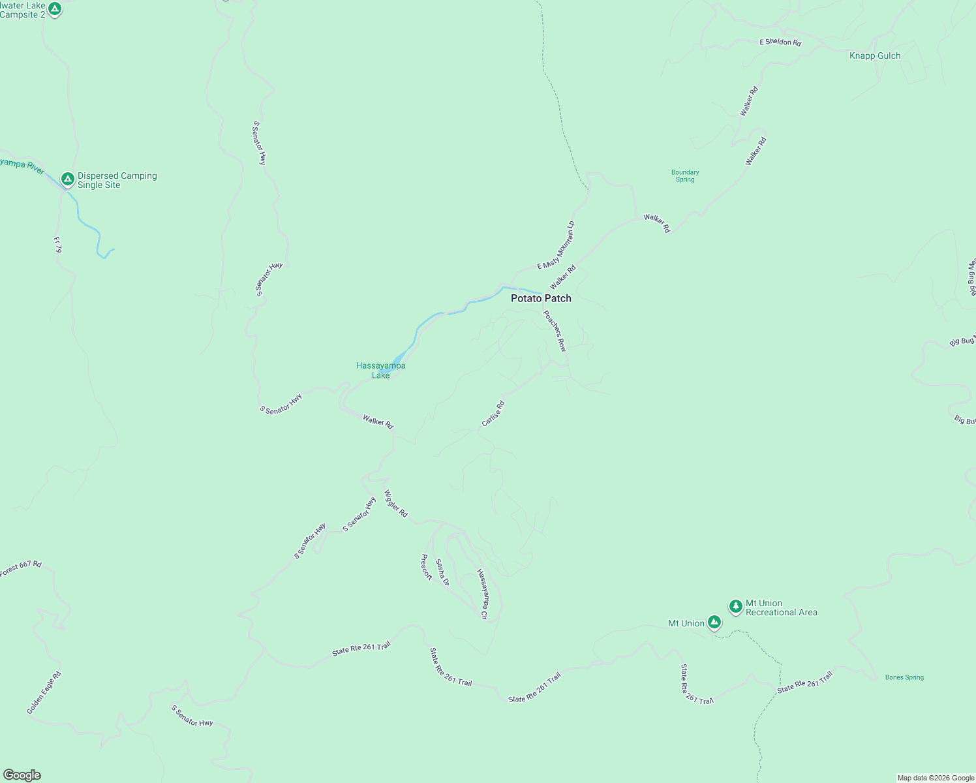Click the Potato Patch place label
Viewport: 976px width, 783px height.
click(541, 298)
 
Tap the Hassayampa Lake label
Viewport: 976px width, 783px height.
click(381, 370)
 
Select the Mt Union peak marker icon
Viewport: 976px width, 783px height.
click(714, 622)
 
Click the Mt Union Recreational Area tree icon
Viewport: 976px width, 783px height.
click(736, 607)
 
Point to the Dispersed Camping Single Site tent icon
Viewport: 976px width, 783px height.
click(67, 179)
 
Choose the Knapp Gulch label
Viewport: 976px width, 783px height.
click(875, 56)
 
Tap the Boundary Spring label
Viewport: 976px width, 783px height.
click(685, 176)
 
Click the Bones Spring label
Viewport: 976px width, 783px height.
click(904, 677)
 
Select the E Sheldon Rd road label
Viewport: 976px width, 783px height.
click(780, 42)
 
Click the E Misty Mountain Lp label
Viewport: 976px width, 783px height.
click(556, 245)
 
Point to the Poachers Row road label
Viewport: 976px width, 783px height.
click(555, 331)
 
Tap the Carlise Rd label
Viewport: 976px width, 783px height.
click(493, 414)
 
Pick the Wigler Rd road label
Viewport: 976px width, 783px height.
click(395, 504)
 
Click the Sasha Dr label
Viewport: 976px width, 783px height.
click(442, 572)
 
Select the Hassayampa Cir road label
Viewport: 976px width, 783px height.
click(483, 594)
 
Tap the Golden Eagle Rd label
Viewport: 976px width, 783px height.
click(44, 692)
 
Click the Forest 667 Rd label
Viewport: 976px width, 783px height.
click(21, 568)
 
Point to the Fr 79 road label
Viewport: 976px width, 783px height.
click(57, 245)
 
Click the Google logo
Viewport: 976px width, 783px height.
click(22, 775)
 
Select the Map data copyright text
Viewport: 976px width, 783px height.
click(936, 778)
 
